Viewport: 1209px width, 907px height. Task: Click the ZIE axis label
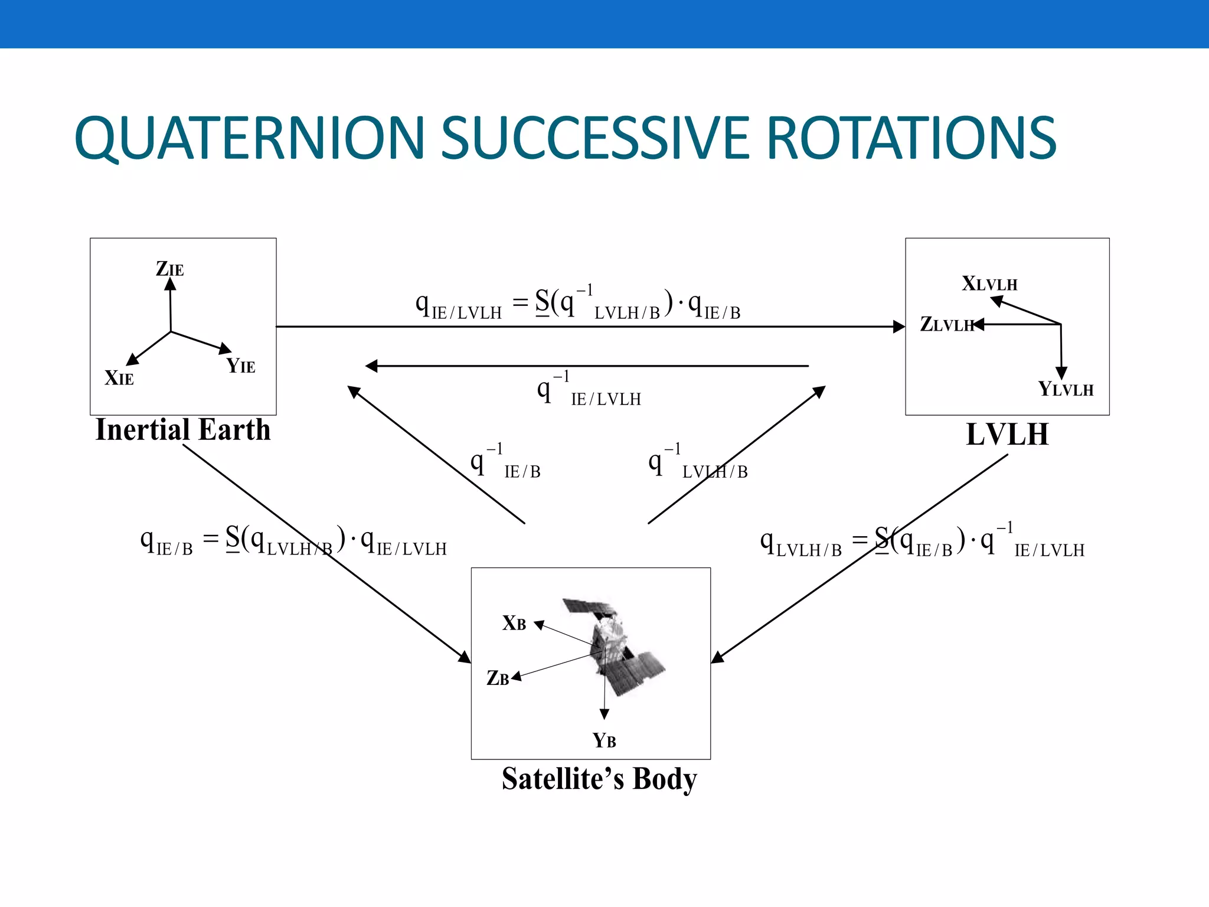pyautogui.click(x=170, y=269)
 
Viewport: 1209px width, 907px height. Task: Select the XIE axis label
pyautogui.click(x=119, y=378)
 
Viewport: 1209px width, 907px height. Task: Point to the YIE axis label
pyautogui.click(x=241, y=366)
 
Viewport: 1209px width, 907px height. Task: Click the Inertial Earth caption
pyautogui.click(x=183, y=430)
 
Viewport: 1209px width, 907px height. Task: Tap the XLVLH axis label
pyautogui.click(x=989, y=284)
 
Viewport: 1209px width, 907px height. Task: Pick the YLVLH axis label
pyautogui.click(x=1066, y=389)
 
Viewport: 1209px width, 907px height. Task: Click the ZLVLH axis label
pyautogui.click(x=946, y=324)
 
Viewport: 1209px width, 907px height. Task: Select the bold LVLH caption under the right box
pyautogui.click(x=1007, y=435)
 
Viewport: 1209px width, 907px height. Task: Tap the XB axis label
pyautogui.click(x=514, y=624)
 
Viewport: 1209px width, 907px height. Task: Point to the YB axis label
pyautogui.click(x=604, y=740)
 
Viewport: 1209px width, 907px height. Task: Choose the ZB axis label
pyautogui.click(x=498, y=678)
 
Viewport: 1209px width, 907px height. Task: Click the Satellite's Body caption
pyautogui.click(x=599, y=779)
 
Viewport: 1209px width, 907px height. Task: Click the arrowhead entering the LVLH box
pyautogui.click(x=899, y=327)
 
